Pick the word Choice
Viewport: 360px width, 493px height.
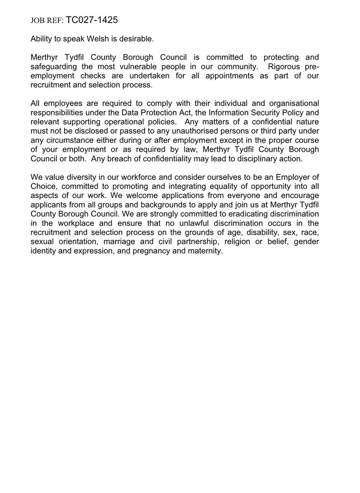click(43, 187)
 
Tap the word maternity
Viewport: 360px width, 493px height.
click(205, 251)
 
